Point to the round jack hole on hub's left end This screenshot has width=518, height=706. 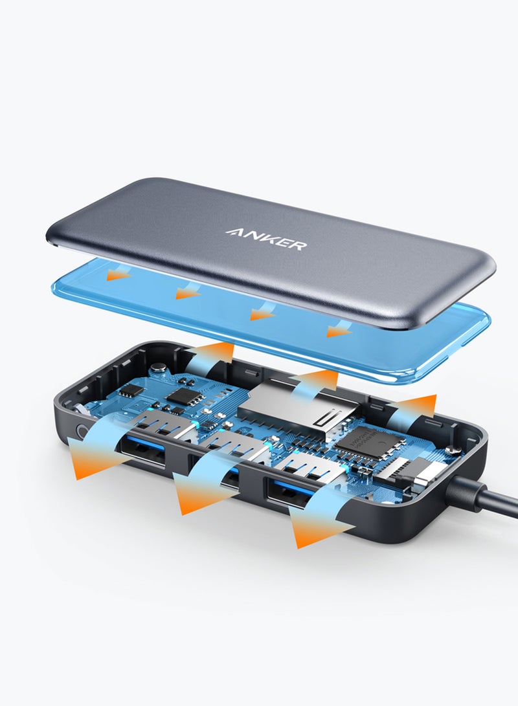(81, 430)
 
